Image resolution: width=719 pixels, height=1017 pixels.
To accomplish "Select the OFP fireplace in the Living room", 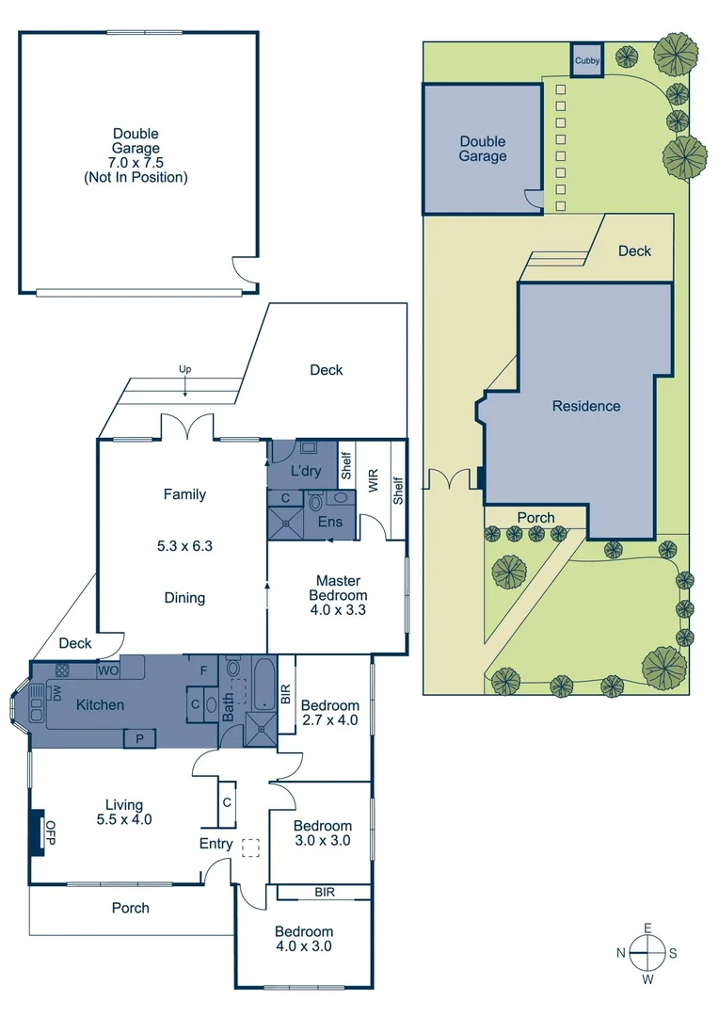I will click(38, 832).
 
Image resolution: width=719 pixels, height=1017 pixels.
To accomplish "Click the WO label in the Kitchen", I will click(109, 671).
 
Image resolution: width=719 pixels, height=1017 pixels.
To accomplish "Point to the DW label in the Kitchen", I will click(56, 694).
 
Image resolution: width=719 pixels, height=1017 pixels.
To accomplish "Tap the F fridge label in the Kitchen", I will click(202, 671).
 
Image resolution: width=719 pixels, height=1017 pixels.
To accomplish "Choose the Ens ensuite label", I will click(329, 522).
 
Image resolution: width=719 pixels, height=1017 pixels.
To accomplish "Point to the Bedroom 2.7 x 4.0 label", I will click(329, 714).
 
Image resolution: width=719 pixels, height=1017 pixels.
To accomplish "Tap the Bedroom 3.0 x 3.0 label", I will click(323, 832).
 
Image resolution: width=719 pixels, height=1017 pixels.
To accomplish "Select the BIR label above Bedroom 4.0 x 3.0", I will click(325, 891).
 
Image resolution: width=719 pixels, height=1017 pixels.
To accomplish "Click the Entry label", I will click(216, 844).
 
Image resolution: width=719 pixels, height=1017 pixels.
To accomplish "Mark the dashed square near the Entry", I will click(249, 847).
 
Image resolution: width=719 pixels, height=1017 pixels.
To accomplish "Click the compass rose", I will click(647, 953).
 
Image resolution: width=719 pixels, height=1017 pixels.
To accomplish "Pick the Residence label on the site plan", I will click(585, 406).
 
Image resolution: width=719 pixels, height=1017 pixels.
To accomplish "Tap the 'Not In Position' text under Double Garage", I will click(136, 176).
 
